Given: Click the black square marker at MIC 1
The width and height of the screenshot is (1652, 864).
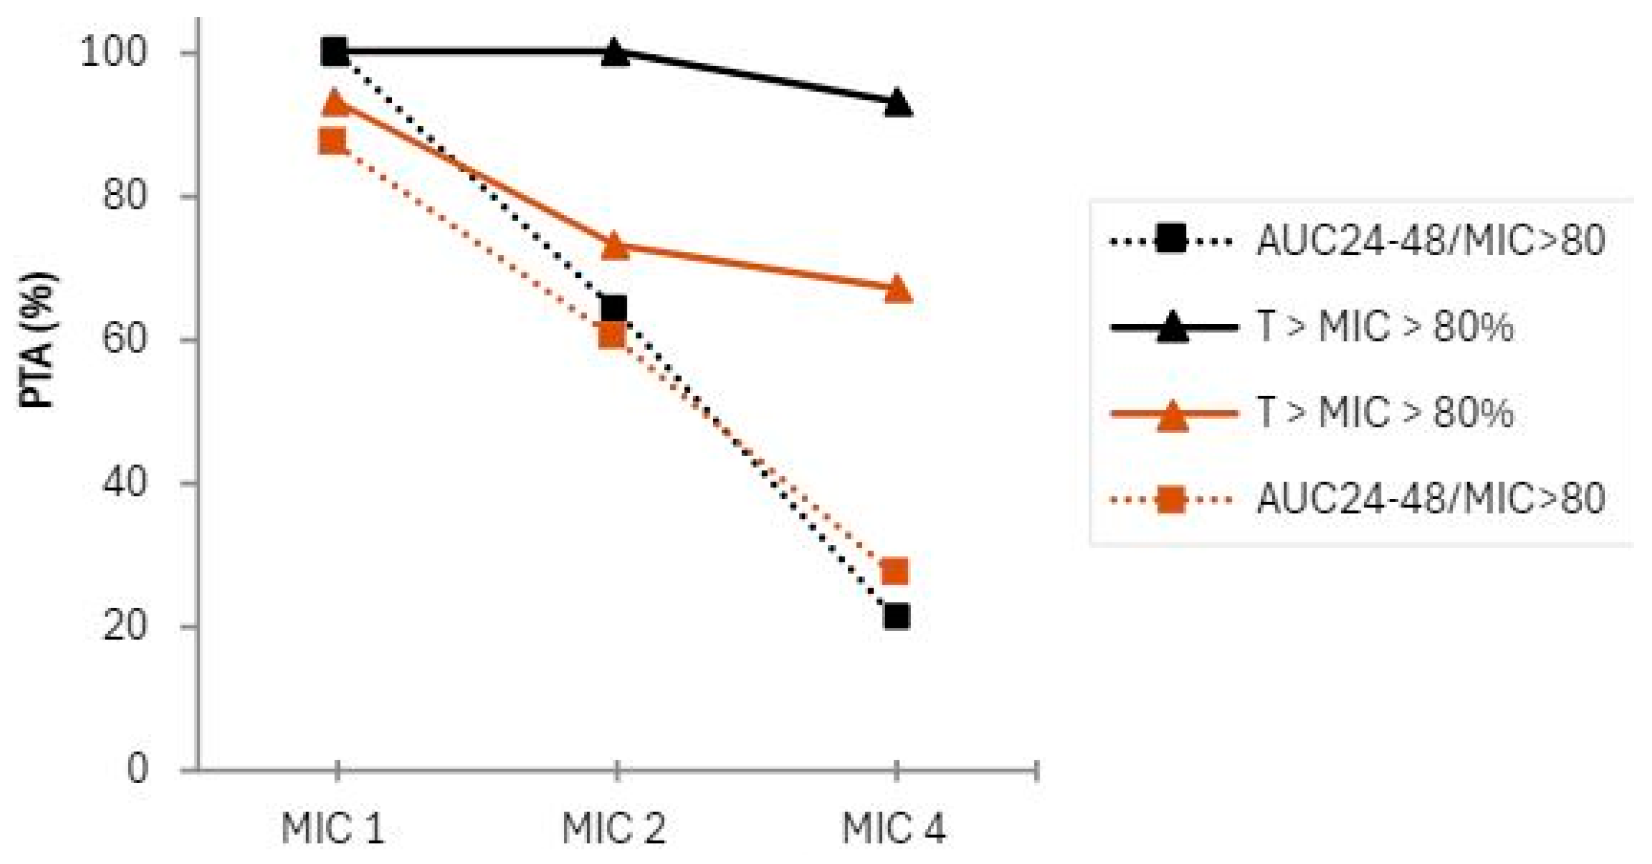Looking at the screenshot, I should coord(334,51).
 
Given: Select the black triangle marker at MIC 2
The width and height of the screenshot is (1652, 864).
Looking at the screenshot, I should coord(615,53).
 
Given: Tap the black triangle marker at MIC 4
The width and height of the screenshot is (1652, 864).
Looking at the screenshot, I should coord(897,104).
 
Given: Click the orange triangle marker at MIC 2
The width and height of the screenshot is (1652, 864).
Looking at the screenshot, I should coord(615,247).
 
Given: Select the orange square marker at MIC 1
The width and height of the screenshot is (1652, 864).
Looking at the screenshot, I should coord(332,141).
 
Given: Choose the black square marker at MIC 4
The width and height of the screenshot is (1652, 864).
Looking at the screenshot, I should coord(897,617).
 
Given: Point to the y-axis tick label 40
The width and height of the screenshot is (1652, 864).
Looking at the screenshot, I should coord(125,483).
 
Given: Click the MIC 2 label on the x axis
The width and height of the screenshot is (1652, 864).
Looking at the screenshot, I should coord(615,828).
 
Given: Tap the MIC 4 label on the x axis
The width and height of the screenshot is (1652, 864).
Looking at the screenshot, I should coord(894,828).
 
